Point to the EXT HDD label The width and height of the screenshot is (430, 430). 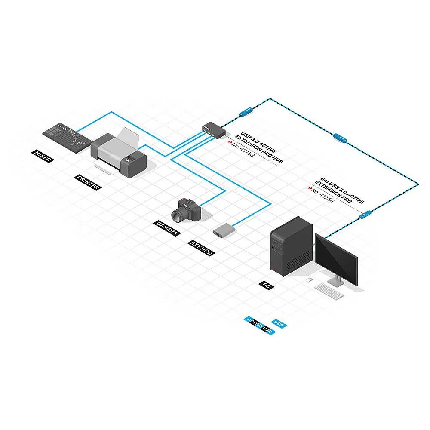pyautogui.click(x=202, y=249)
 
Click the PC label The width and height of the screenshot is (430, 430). pyautogui.click(x=265, y=285)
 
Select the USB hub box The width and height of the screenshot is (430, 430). pyautogui.click(x=213, y=129)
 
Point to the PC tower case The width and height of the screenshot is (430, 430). pyautogui.click(x=289, y=246)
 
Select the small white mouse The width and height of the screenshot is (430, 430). pyautogui.click(x=308, y=280)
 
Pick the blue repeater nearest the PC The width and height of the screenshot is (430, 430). pyautogui.click(x=365, y=213)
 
